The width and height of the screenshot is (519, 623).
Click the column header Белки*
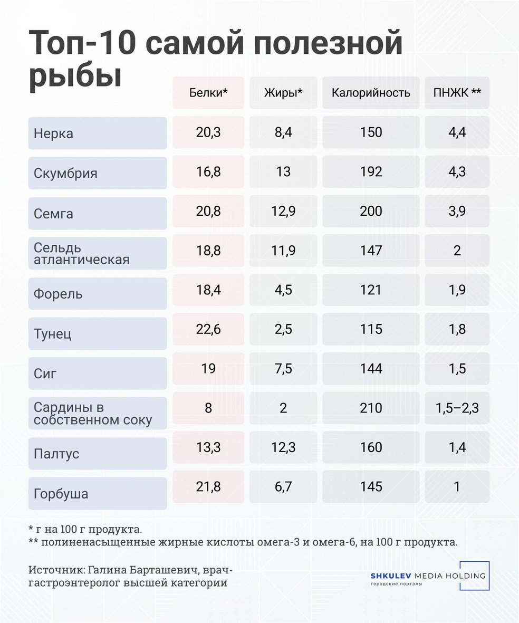(x=208, y=93)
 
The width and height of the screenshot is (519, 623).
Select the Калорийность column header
(x=371, y=93)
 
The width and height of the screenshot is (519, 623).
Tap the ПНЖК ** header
(x=457, y=93)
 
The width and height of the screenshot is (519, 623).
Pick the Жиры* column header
(x=283, y=93)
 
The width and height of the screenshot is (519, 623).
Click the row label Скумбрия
(x=65, y=174)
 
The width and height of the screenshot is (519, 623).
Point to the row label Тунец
(x=52, y=334)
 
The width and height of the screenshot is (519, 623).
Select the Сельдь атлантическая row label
(x=81, y=254)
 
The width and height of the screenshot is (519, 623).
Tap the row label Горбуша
(x=61, y=494)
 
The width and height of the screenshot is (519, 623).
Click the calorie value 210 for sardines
(x=371, y=408)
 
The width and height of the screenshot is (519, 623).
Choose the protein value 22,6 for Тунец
(x=208, y=329)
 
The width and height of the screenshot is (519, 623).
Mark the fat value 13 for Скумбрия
(x=283, y=171)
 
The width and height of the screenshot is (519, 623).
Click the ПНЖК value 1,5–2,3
(x=457, y=408)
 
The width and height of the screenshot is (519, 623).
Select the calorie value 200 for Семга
(x=371, y=211)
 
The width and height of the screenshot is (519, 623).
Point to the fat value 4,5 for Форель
(x=283, y=290)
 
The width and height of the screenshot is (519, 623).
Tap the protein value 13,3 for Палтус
(x=208, y=447)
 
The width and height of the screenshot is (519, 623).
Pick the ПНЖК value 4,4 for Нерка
(x=457, y=132)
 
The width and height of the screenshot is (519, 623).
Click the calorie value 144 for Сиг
(x=371, y=368)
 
